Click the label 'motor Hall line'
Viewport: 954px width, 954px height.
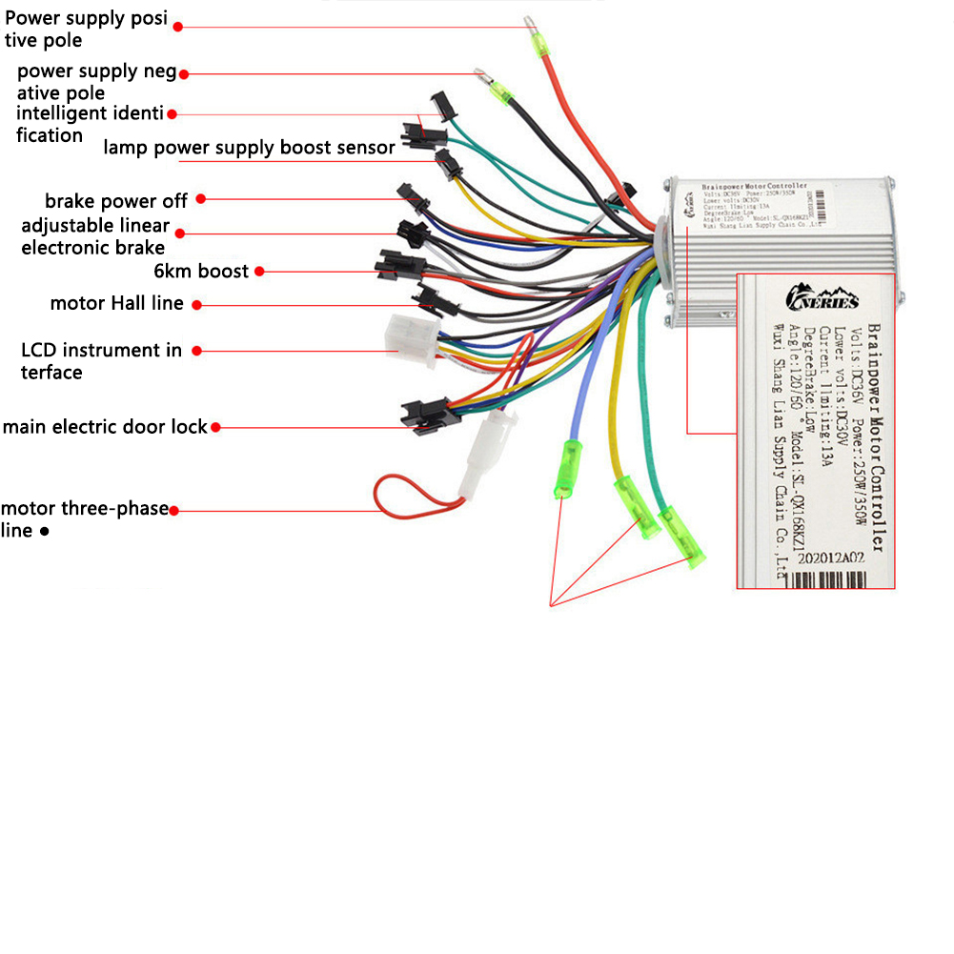click(117, 304)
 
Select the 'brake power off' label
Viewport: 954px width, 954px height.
click(116, 201)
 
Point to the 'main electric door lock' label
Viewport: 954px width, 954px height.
click(105, 427)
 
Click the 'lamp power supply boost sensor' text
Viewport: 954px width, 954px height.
click(249, 148)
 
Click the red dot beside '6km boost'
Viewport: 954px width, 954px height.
click(261, 272)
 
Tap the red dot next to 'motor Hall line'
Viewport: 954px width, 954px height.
click(195, 305)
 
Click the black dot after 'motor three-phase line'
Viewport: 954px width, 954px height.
click(44, 532)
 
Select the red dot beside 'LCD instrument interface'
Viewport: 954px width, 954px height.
click(198, 351)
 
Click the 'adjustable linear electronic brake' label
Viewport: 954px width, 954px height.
click(94, 237)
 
